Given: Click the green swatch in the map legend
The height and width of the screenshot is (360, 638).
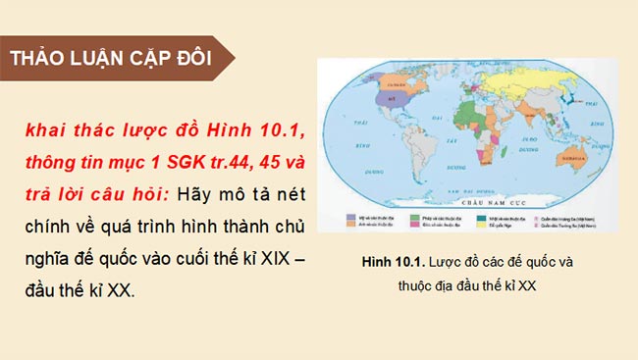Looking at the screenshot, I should click(415, 218).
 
